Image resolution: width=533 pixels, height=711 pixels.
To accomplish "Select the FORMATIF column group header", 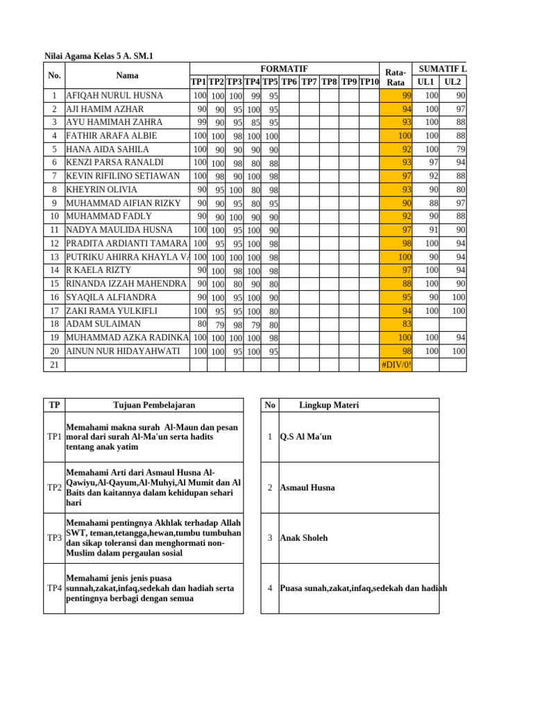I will [284, 69].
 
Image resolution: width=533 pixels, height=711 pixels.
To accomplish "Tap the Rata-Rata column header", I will [395, 76].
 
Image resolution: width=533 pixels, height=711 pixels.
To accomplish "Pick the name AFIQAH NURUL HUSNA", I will [115, 96].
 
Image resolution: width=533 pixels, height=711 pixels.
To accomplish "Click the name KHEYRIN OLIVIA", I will [101, 190].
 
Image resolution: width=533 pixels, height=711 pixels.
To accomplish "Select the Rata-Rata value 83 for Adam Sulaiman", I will [407, 324].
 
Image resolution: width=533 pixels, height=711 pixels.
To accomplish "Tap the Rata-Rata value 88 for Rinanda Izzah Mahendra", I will [407, 284].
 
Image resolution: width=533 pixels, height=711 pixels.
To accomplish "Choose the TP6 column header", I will [289, 82].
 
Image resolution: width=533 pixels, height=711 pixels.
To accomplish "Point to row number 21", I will [53, 365].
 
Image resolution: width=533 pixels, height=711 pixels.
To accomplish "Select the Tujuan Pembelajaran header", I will [154, 405].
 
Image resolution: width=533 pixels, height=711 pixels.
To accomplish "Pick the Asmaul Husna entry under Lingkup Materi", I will [307, 488].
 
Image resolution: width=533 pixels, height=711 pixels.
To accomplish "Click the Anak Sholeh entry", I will [303, 538].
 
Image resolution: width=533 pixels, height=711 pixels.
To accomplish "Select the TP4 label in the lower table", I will [54, 589].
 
